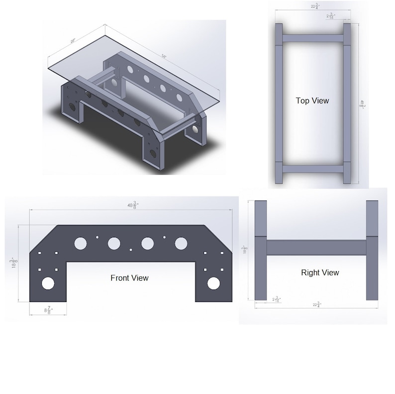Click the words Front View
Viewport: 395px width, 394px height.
point(129,278)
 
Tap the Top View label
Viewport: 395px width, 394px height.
point(312,100)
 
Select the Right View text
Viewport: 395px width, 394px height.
point(320,273)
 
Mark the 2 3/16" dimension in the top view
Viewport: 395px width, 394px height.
point(331,16)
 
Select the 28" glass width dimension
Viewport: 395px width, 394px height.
point(73,41)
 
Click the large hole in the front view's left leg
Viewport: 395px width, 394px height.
point(48,283)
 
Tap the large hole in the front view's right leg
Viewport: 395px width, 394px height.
point(214,283)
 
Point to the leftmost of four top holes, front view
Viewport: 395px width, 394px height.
point(80,243)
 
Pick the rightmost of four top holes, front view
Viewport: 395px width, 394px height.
point(181,243)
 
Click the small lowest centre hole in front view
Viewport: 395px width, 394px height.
point(131,249)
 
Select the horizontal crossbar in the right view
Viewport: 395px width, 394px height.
point(317,248)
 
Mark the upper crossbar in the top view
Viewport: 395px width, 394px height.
point(312,38)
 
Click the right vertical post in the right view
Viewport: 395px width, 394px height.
point(372,250)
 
